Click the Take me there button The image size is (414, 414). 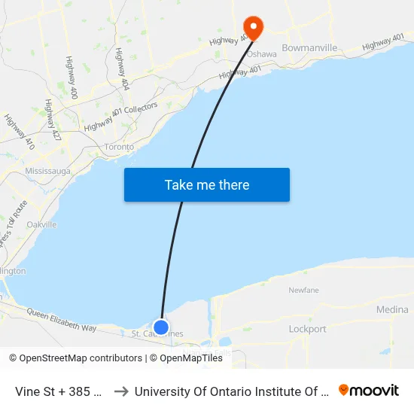coord(207,184)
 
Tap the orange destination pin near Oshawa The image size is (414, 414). coord(252,28)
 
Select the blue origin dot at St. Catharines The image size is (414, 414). coord(161,327)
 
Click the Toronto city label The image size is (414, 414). coord(119,148)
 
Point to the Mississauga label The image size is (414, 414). coord(47,171)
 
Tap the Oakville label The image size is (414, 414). coord(41,224)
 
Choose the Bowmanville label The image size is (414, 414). coord(309,47)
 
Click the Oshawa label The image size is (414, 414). coord(262,54)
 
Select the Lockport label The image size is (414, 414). coord(308,329)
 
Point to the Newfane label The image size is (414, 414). coord(304,290)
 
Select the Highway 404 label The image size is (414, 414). coord(123,69)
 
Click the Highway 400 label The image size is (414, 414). coord(72,78)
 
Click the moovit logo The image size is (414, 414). coord(369,391)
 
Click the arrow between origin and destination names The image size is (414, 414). coord(120,391)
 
